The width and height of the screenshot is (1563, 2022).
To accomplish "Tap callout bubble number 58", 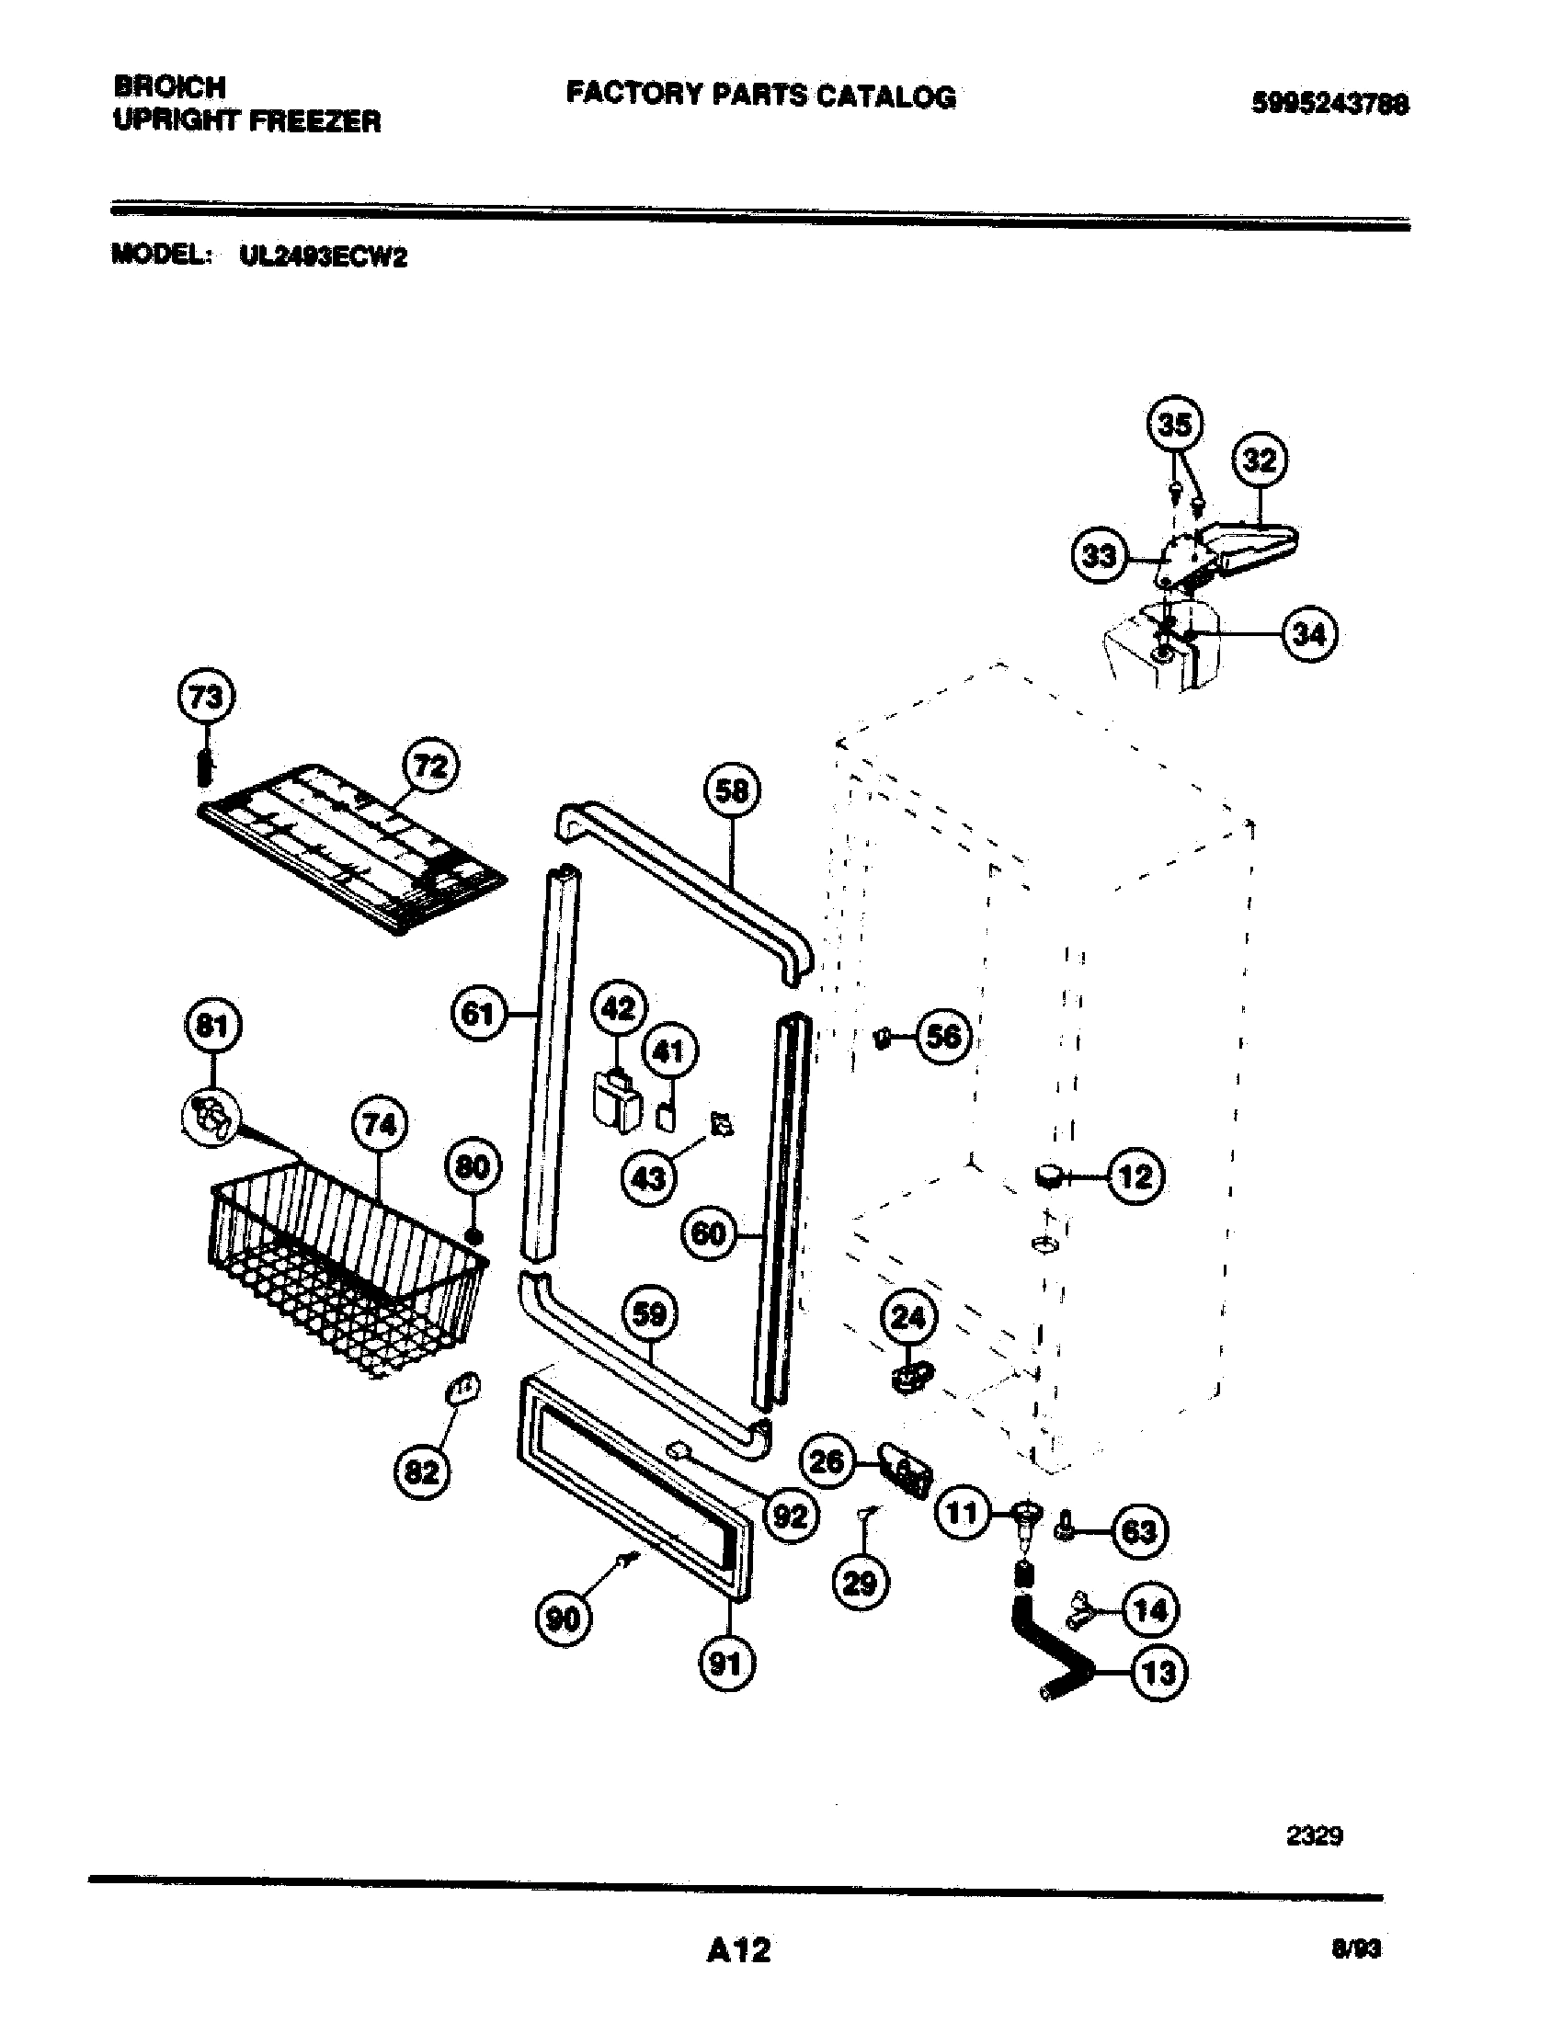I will [x=733, y=790].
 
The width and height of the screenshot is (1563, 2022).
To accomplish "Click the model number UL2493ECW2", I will [x=322, y=256].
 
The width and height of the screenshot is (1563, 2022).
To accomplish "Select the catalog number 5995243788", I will [x=1329, y=104].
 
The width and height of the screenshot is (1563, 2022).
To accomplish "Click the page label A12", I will [x=738, y=1949].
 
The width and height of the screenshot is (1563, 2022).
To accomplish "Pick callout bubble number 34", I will [x=1309, y=634].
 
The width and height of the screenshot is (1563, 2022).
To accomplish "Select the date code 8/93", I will [x=1354, y=1949].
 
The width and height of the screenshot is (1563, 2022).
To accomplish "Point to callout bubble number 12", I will [x=1135, y=1176].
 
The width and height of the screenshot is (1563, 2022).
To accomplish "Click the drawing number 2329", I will [x=1314, y=1835].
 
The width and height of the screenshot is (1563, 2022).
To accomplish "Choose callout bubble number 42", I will [x=619, y=1007].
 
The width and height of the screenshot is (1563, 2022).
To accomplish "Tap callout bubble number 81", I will [x=213, y=1026].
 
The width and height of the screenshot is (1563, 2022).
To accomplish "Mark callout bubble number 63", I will [x=1139, y=1531].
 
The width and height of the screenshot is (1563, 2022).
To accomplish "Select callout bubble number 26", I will [x=826, y=1461].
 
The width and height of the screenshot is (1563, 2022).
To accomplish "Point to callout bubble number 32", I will [x=1260, y=460].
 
